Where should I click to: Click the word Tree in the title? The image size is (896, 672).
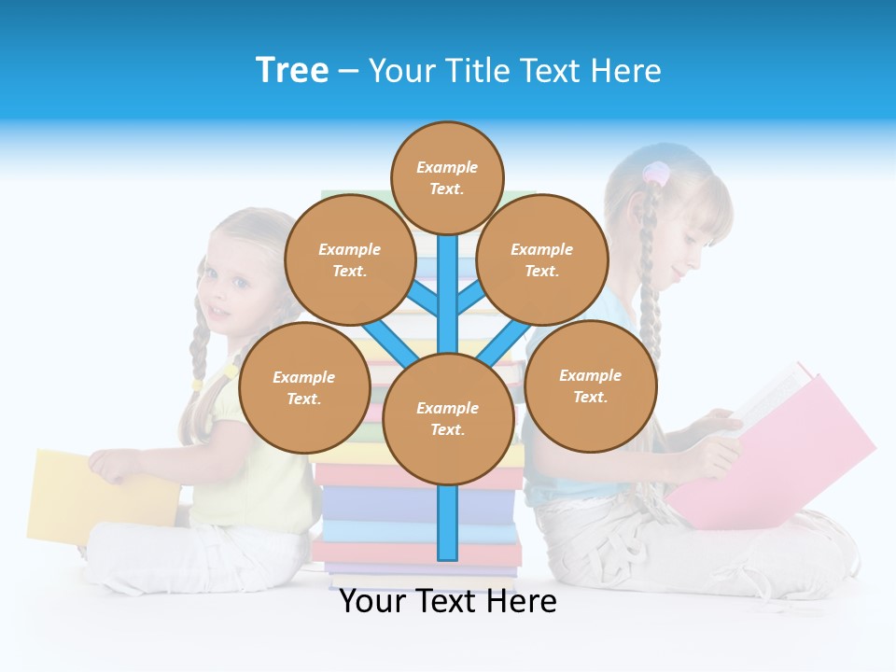click(x=292, y=70)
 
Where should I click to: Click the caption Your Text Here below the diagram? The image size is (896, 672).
click(x=448, y=601)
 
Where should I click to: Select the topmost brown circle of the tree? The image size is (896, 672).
click(x=447, y=177)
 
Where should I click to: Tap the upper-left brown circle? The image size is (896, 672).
click(x=350, y=259)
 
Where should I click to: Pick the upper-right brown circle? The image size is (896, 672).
click(x=542, y=259)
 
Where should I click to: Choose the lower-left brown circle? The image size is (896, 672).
click(x=304, y=387)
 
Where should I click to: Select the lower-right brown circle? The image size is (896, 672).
click(x=591, y=385)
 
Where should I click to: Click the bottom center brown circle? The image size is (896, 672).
click(x=448, y=418)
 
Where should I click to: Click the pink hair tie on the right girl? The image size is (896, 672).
click(x=656, y=173)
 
